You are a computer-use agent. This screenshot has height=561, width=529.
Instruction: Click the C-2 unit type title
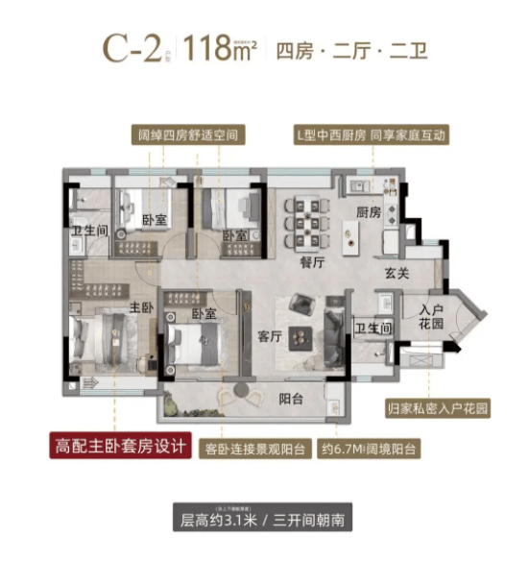pyautogui.click(x=132, y=48)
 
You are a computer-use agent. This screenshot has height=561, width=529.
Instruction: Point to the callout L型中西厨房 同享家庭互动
pyautogui.click(x=371, y=136)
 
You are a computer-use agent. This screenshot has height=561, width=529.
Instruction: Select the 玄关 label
pyautogui.click(x=397, y=274)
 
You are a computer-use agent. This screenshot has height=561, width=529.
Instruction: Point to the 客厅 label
pyautogui.click(x=269, y=336)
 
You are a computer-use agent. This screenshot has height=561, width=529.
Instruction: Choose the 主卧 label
pyautogui.click(x=141, y=307)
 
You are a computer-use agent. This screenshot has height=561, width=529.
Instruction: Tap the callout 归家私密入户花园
pyautogui.click(x=437, y=407)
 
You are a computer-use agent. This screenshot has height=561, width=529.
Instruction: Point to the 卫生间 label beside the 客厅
pyautogui.click(x=374, y=329)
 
